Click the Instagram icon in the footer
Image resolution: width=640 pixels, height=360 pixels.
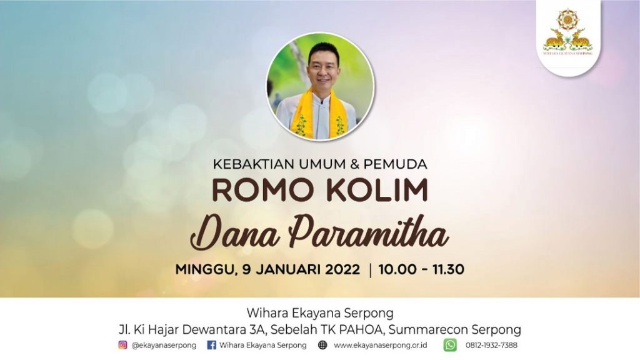(122, 345)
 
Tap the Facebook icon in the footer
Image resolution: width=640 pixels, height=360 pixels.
(211, 345)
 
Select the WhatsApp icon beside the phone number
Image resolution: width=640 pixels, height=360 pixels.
(450, 345)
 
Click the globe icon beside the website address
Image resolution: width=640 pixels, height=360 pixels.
(322, 345)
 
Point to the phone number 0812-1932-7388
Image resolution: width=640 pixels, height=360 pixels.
(491, 345)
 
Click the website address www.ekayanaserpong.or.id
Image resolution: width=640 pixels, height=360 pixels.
(381, 345)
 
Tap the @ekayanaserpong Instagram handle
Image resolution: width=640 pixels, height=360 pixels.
(164, 345)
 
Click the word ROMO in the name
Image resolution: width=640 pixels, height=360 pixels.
(257, 190)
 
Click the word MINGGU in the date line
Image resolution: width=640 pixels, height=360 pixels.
(206, 270)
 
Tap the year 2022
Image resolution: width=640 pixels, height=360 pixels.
(343, 269)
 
